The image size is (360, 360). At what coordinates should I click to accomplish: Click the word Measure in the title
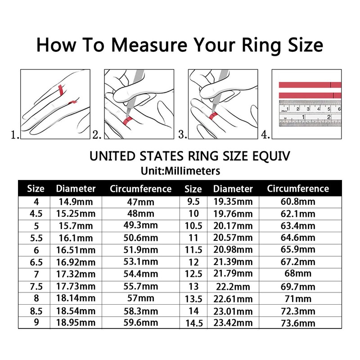pyautogui.click(x=148, y=45)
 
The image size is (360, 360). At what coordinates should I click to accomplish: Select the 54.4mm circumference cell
pyautogui.click(x=140, y=273)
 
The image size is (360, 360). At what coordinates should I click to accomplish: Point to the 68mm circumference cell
pyautogui.click(x=297, y=273)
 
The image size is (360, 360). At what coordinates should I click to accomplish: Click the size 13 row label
pyautogui.click(x=193, y=286)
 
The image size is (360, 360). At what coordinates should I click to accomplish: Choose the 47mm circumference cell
pyautogui.click(x=140, y=201)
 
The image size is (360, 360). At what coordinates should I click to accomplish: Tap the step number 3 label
pyautogui.click(x=183, y=134)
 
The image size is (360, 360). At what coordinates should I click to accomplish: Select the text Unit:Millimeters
pyautogui.click(x=180, y=171)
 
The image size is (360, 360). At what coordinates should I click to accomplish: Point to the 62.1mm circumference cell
pyautogui.click(x=297, y=213)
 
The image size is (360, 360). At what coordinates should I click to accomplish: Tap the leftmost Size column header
pyautogui.click(x=36, y=189)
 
